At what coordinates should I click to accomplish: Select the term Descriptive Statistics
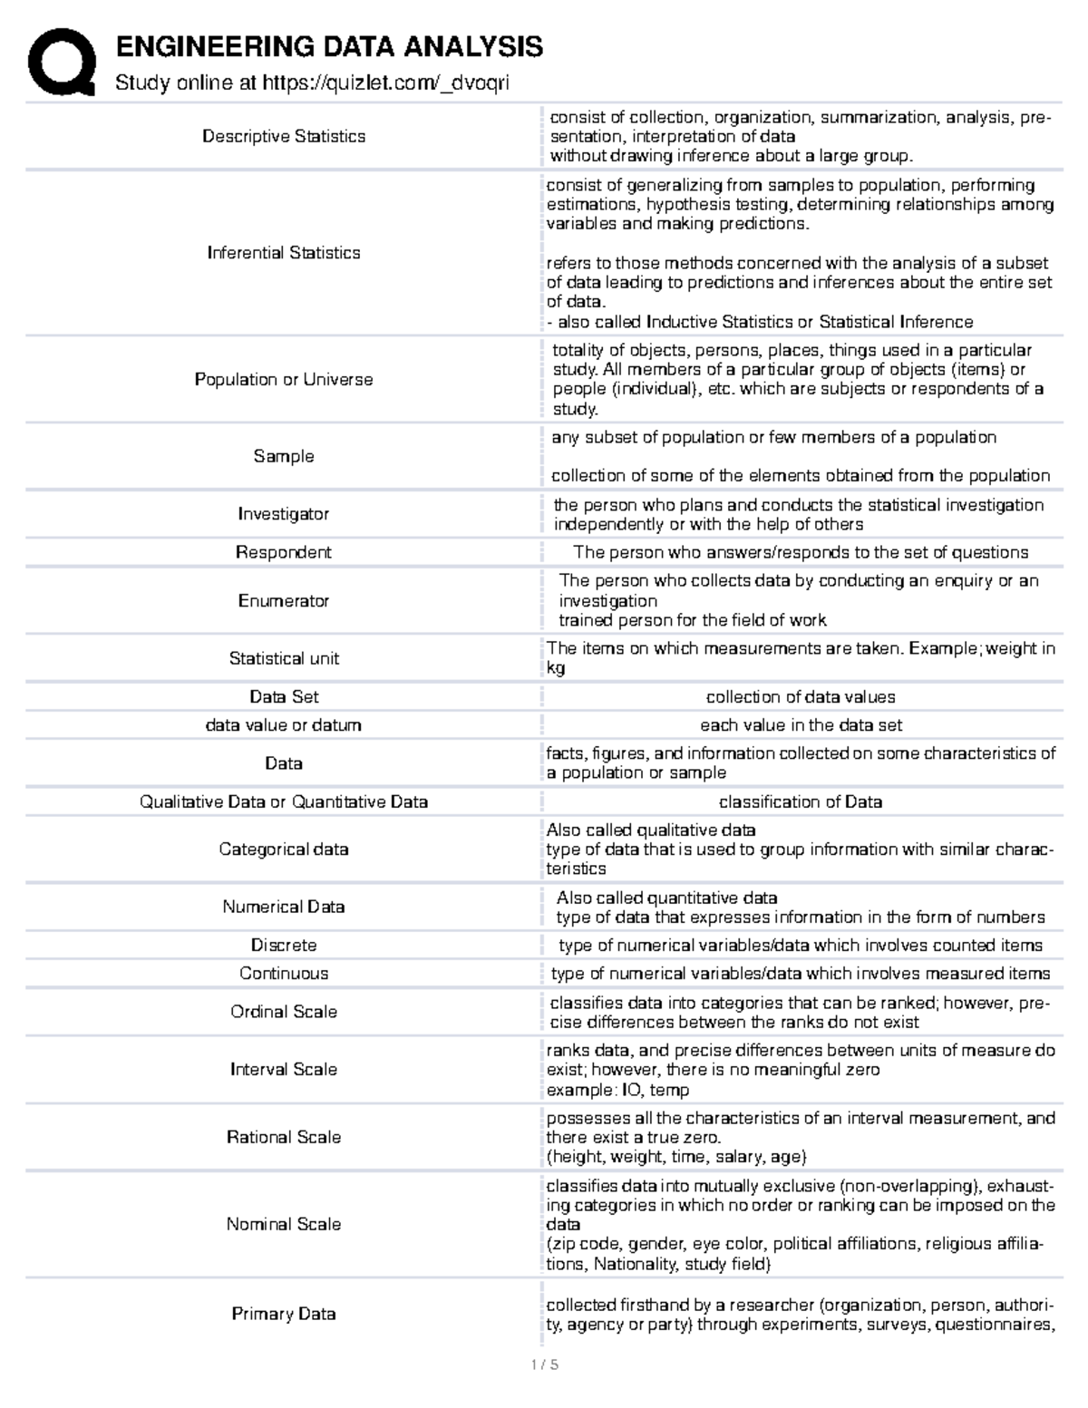coord(284,136)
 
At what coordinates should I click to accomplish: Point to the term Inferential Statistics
coord(284,253)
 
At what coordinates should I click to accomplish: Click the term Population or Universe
coord(284,379)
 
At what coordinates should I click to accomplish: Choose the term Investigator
coord(284,514)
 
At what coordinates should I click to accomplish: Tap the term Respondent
coord(284,552)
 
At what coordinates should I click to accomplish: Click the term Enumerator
coord(284,600)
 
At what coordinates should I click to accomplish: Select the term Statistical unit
coord(284,658)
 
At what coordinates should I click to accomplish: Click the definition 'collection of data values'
coord(800,696)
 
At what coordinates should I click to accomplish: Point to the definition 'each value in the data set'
coord(800,725)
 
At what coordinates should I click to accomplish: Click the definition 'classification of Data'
coord(800,801)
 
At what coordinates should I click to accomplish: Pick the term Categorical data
coord(284,850)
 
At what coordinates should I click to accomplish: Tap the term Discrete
coord(284,945)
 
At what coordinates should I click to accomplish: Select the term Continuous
coord(284,973)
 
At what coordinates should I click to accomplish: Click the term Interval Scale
coord(284,1069)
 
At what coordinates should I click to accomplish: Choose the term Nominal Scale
coord(284,1224)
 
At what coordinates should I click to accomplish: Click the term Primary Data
coord(284,1314)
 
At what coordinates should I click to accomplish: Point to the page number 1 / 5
coord(544,1364)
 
